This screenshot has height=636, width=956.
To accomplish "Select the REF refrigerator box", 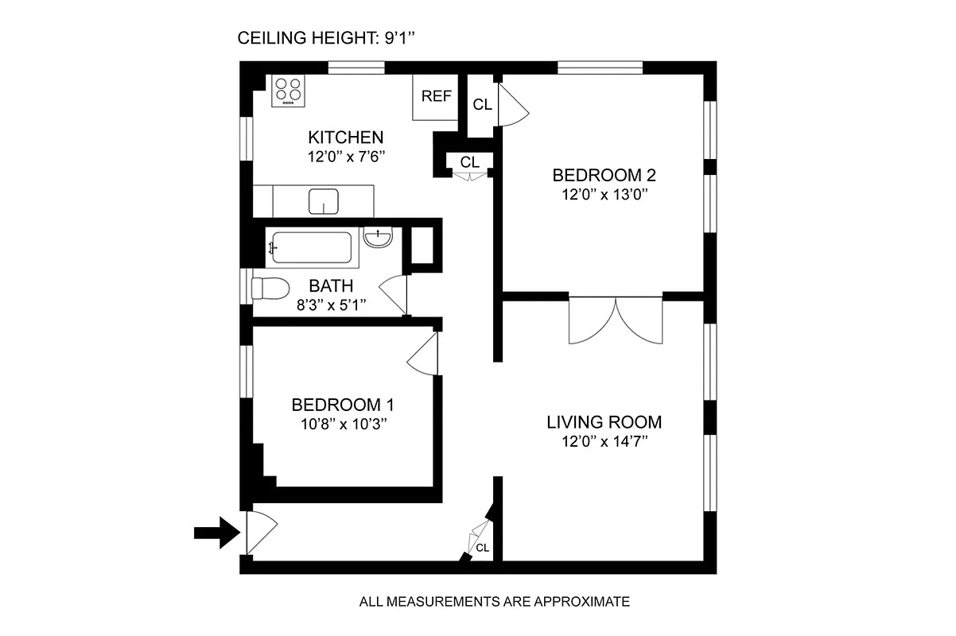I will pos(436,97).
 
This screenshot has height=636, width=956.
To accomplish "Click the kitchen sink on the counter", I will pos(324,202).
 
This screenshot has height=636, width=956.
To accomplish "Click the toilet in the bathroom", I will pos(268,288).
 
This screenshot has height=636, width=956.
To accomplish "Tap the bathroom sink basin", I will pos(378,237).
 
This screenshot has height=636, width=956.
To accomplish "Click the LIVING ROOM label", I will pos(604,422).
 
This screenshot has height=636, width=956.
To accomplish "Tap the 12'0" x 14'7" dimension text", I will pos(604,442).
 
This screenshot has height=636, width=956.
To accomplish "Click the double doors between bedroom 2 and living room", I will pos(616,320).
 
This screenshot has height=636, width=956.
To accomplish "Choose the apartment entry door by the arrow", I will pos(259,533).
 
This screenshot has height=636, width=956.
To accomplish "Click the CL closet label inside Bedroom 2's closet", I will pos(482,104).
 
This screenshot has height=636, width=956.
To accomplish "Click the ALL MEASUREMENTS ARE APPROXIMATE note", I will pos(495,602).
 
